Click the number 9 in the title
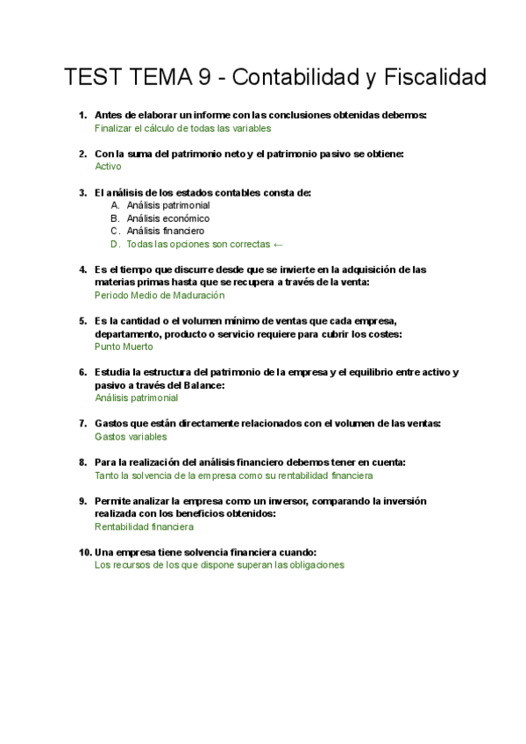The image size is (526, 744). pyautogui.click(x=203, y=78)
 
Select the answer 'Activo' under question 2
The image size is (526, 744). pyautogui.click(x=108, y=166)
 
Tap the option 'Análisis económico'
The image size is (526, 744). pyautogui.click(x=167, y=218)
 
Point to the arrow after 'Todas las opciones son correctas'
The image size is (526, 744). pyautogui.click(x=279, y=244)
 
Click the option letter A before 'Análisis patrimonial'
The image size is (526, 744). pyautogui.click(x=115, y=205)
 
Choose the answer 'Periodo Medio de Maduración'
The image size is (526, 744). pyautogui.click(x=160, y=296)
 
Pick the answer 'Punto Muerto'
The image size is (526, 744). pyautogui.click(x=124, y=347)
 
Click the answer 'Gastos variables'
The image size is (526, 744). pyautogui.click(x=131, y=436)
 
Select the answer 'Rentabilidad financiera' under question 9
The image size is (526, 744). pyautogui.click(x=144, y=526)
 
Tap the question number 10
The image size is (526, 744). pyautogui.click(x=84, y=552)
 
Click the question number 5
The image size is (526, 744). pyautogui.click(x=82, y=321)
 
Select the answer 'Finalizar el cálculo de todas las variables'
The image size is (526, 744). pyautogui.click(x=182, y=127)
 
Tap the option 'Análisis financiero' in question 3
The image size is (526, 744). pyautogui.click(x=166, y=231)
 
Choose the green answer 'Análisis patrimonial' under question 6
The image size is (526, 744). pyautogui.click(x=136, y=397)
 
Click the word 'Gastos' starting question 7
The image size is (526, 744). pyautogui.click(x=111, y=424)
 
